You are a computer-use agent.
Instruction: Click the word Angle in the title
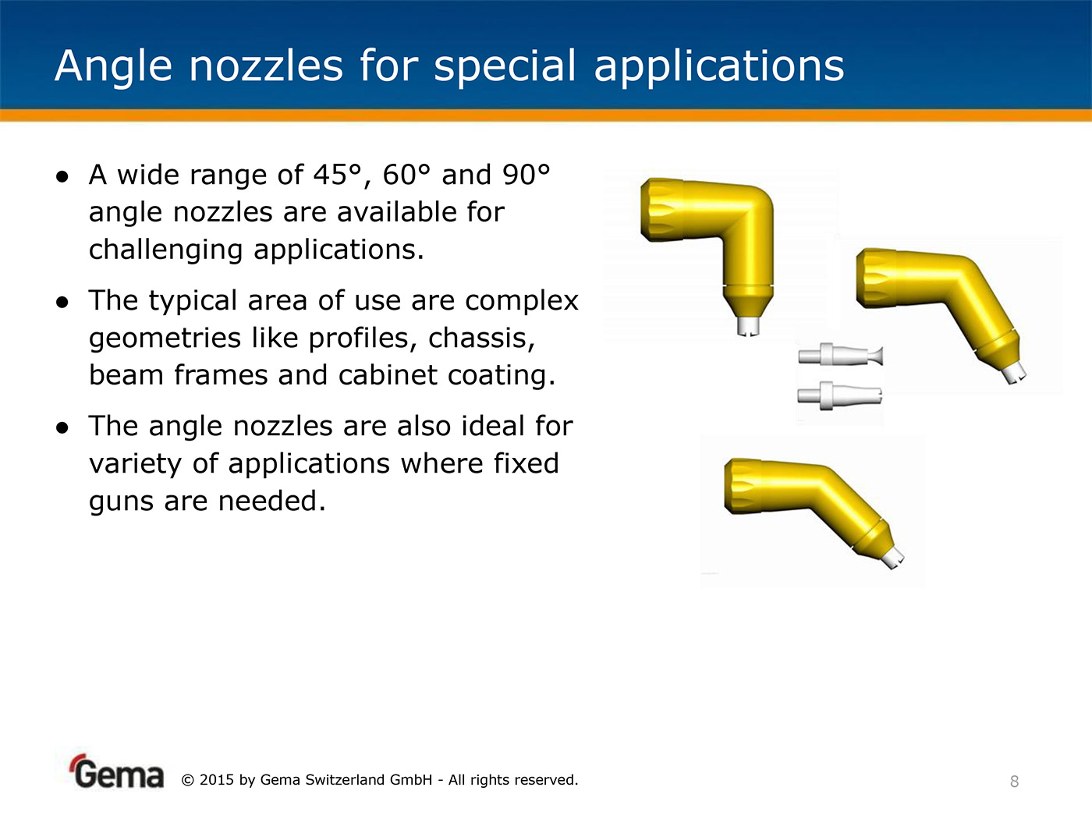(113, 67)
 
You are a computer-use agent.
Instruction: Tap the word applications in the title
(719, 67)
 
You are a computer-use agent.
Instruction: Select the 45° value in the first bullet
(337, 175)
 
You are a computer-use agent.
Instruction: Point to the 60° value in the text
(406, 175)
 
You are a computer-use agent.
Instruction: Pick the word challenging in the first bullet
(165, 250)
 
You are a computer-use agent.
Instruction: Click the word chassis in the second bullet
(481, 339)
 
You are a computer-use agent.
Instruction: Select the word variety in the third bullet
(135, 464)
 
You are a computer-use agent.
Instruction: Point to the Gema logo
(116, 772)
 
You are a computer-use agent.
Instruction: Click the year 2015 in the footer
(216, 780)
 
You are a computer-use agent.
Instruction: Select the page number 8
(1015, 782)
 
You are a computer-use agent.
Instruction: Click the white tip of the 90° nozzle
(748, 326)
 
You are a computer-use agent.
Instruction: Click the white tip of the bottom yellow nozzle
(892, 558)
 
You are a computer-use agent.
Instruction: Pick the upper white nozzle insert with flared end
(840, 355)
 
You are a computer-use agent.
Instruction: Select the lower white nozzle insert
(840, 395)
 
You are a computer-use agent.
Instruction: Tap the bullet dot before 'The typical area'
(62, 302)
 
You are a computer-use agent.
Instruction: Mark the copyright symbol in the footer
(187, 780)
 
